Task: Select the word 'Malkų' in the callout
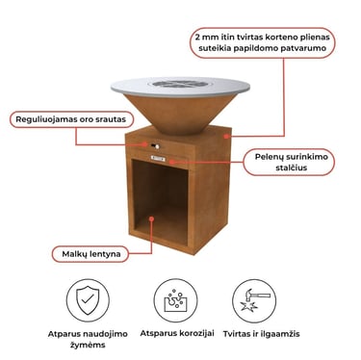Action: (70, 252)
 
